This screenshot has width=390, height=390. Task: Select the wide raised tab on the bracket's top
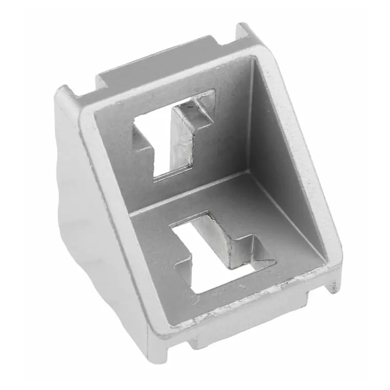156,63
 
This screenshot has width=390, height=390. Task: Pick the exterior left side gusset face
83,205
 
